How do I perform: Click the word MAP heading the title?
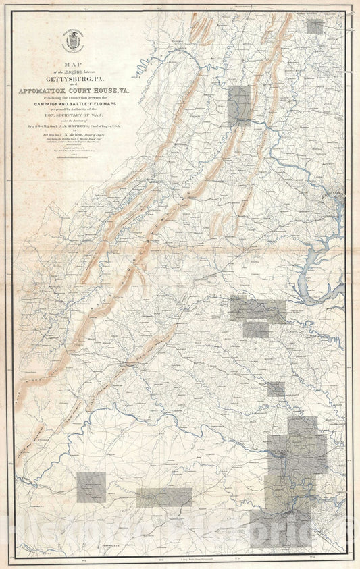pyautogui.click(x=71, y=65)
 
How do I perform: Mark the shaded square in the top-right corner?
pyautogui.click(x=315, y=26)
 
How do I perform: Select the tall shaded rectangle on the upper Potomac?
pyautogui.click(x=239, y=105)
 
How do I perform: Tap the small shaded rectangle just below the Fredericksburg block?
pyautogui.click(x=256, y=330)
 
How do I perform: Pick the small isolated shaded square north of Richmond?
pyautogui.click(x=276, y=389)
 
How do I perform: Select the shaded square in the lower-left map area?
pyautogui.click(x=91, y=487)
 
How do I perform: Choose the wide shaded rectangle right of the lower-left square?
pyautogui.click(x=164, y=497)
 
